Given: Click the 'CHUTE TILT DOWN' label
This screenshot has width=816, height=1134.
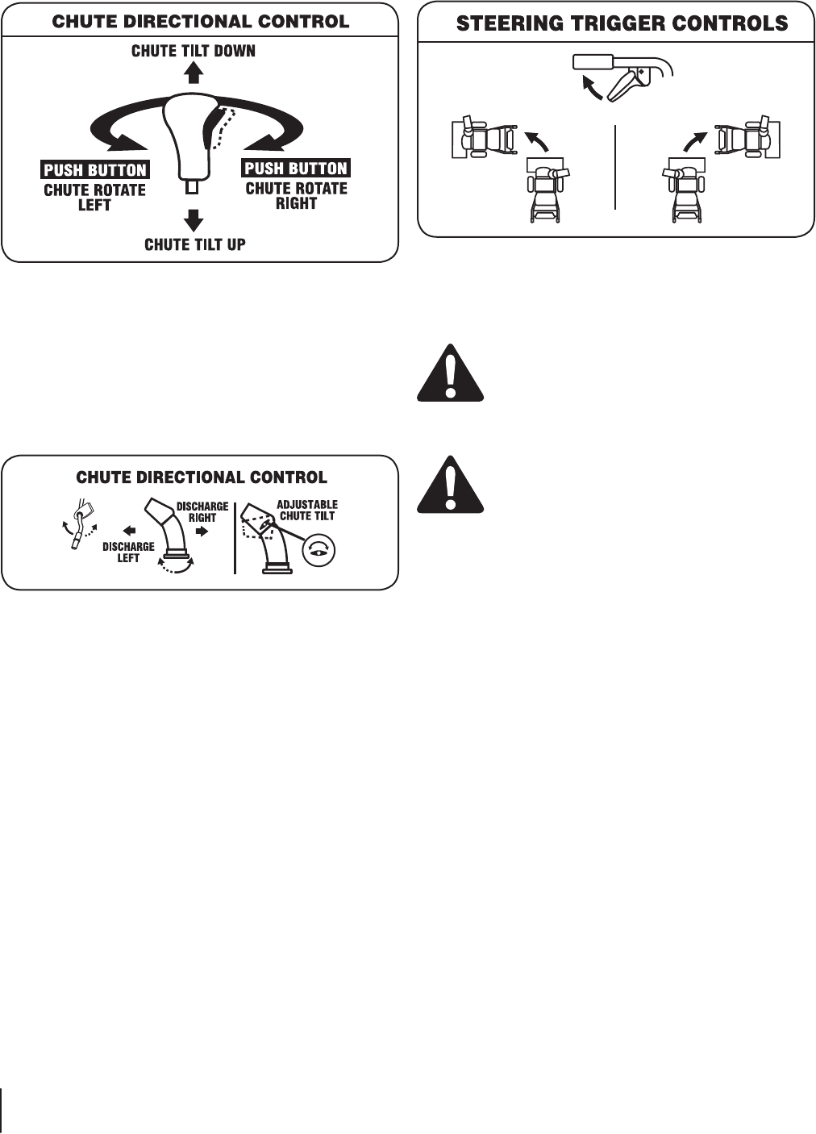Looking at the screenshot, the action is [194, 51].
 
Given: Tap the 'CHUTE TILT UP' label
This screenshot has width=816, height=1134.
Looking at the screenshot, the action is [194, 244].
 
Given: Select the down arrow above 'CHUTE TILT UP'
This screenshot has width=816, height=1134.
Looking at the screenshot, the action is [192, 219].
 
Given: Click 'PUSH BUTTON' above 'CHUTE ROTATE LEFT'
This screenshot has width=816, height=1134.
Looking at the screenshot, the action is [95, 170].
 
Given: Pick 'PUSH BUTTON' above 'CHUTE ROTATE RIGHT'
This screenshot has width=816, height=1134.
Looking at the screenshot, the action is [296, 169].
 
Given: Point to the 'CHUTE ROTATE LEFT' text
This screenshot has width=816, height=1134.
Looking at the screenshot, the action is [94, 198].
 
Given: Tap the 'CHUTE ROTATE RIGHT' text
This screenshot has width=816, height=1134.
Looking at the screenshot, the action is [296, 196].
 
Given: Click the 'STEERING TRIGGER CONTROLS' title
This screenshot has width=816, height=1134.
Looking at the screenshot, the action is [622, 23].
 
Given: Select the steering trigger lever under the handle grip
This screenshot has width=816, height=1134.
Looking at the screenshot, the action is [624, 85].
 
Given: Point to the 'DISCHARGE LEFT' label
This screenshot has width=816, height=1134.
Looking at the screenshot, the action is [128, 552].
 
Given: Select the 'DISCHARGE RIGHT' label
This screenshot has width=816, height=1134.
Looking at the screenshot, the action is [202, 512].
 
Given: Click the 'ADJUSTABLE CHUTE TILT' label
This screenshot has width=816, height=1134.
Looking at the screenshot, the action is [307, 511].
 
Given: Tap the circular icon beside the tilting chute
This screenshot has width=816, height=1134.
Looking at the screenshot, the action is [318, 551].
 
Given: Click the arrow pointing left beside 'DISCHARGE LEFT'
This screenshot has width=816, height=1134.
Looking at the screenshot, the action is [129, 532].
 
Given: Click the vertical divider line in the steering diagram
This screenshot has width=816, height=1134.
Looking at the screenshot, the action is [615, 167].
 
